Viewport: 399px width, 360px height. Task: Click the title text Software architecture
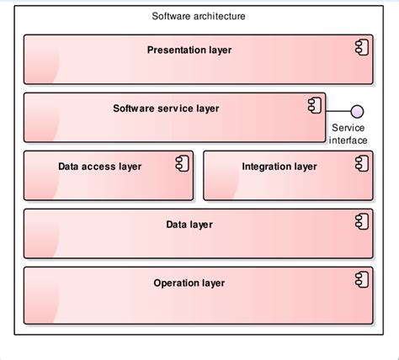[x=199, y=16]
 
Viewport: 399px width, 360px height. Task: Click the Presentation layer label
[x=189, y=50]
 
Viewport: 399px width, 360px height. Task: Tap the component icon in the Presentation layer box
[x=360, y=47]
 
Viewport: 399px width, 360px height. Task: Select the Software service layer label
[x=166, y=109]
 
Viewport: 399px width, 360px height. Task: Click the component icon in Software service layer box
[x=312, y=105]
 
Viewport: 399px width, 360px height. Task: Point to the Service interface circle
[x=358, y=111]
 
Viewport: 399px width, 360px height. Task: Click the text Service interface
[x=348, y=134]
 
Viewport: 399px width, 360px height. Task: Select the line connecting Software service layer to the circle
[x=338, y=111]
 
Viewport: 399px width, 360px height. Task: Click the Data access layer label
[x=99, y=167]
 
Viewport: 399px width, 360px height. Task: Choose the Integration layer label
[x=279, y=167]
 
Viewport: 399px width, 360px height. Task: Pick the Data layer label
[x=189, y=225]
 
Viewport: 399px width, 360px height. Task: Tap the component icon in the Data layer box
[x=360, y=221]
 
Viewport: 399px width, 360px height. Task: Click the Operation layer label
[x=189, y=283]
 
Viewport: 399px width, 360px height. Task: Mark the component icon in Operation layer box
[x=360, y=280]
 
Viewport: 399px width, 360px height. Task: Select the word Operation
[x=175, y=283]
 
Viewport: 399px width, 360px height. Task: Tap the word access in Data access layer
[x=99, y=167]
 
